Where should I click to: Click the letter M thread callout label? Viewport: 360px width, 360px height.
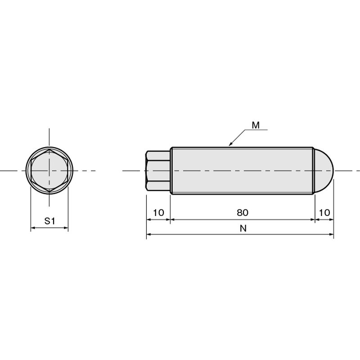[256, 125]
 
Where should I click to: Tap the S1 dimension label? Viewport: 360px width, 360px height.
[50, 221]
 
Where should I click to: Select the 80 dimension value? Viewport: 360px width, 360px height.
[243, 212]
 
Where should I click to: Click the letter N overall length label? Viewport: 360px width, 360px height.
[243, 229]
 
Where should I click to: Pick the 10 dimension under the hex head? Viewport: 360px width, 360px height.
[158, 212]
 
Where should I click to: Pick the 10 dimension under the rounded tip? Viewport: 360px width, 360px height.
[324, 212]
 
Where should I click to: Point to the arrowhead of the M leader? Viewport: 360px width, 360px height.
[230, 144]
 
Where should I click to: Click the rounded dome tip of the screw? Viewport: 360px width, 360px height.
[324, 171]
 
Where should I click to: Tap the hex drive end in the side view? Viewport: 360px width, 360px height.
[158, 171]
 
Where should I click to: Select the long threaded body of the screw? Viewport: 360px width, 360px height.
[242, 171]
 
